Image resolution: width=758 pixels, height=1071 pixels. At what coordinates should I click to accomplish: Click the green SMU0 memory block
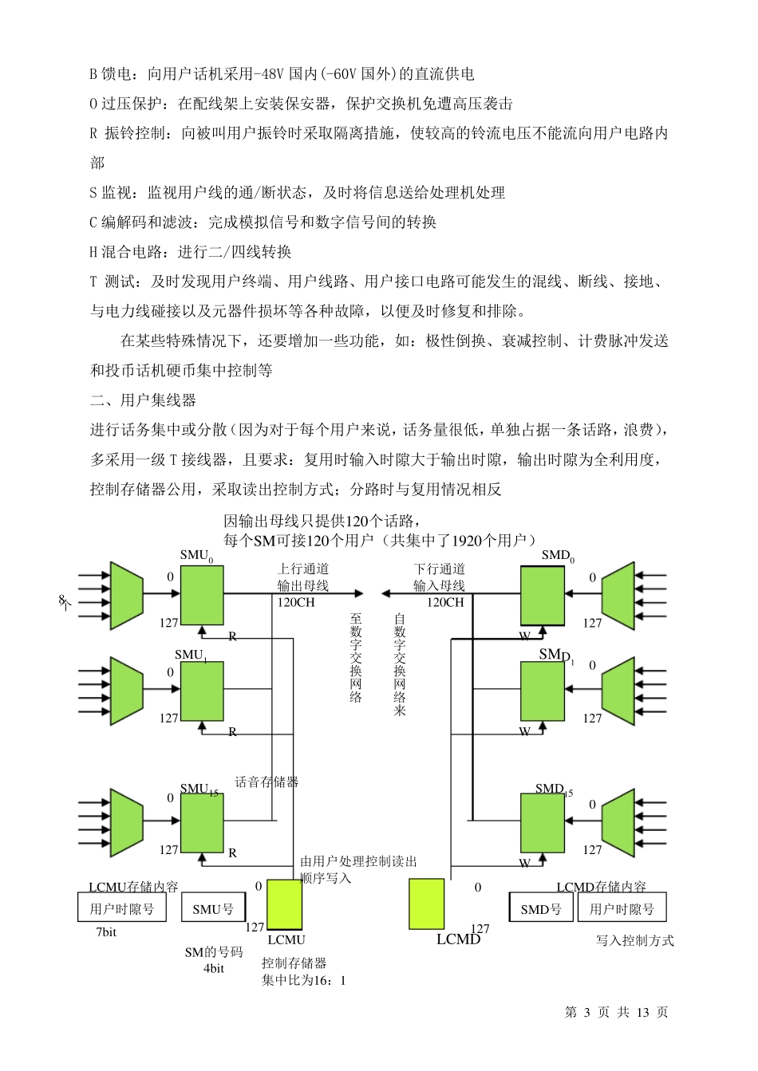[202, 595]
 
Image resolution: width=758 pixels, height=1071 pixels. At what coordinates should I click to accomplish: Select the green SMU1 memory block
[202, 691]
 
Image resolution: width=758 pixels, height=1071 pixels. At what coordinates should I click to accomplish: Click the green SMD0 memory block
[543, 595]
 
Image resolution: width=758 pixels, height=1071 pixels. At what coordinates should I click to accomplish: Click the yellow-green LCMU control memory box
[284, 904]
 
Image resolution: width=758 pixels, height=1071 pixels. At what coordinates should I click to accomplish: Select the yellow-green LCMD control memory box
[426, 904]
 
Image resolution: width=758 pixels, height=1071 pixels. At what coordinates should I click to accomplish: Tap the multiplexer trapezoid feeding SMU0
[126, 595]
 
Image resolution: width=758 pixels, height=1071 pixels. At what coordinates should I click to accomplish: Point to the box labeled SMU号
[213, 908]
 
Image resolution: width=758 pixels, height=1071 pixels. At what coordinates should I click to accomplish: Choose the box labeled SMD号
[541, 908]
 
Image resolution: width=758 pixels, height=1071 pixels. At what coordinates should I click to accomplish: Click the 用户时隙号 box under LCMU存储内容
[122, 908]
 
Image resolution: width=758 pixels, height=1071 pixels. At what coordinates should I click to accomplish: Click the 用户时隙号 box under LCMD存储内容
[622, 908]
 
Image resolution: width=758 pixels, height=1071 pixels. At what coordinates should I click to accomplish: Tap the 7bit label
[106, 932]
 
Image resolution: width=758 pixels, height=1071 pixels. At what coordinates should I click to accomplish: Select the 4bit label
[214, 969]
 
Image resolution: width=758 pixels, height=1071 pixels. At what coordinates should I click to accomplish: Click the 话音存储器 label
[266, 782]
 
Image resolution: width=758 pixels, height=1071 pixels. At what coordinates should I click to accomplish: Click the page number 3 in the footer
[586, 1012]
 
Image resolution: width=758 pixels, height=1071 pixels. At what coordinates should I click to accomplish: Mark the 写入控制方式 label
[634, 941]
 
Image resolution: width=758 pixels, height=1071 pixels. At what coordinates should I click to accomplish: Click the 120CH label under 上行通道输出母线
[296, 603]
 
